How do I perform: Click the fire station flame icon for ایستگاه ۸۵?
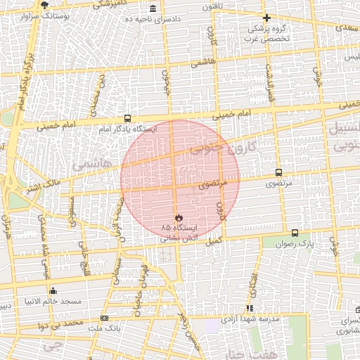179,217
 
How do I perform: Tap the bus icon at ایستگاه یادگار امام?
127,118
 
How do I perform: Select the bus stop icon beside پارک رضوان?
294,233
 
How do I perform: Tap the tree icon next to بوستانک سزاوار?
45,5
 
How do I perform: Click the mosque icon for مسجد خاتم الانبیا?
53,290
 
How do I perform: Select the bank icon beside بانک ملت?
105,319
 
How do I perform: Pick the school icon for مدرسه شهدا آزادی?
249,308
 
